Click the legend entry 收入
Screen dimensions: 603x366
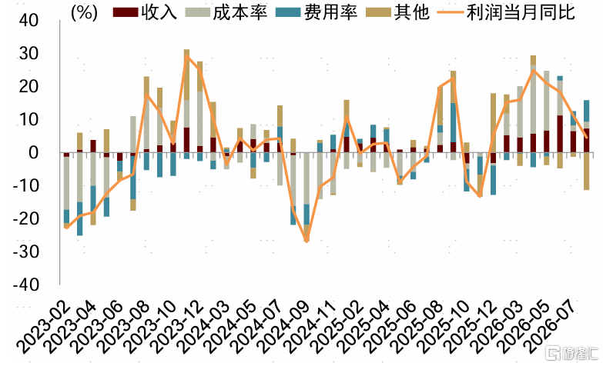coord(145,12)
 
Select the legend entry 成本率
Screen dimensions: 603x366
coord(226,12)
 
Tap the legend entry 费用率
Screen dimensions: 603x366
coord(317,12)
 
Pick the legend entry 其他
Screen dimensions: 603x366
coord(397,12)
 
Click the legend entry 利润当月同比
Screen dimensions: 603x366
coord(506,12)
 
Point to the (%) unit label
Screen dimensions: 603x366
coord(84,12)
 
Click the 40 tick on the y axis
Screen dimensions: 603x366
coord(28,20)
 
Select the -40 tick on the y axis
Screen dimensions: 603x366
coord(25,285)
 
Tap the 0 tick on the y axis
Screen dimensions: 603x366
coord(34,153)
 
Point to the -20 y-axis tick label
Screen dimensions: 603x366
coord(25,219)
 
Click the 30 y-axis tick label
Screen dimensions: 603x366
coord(28,53)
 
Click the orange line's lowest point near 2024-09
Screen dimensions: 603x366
coord(307,241)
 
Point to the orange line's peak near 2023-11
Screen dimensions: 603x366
coord(186,56)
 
